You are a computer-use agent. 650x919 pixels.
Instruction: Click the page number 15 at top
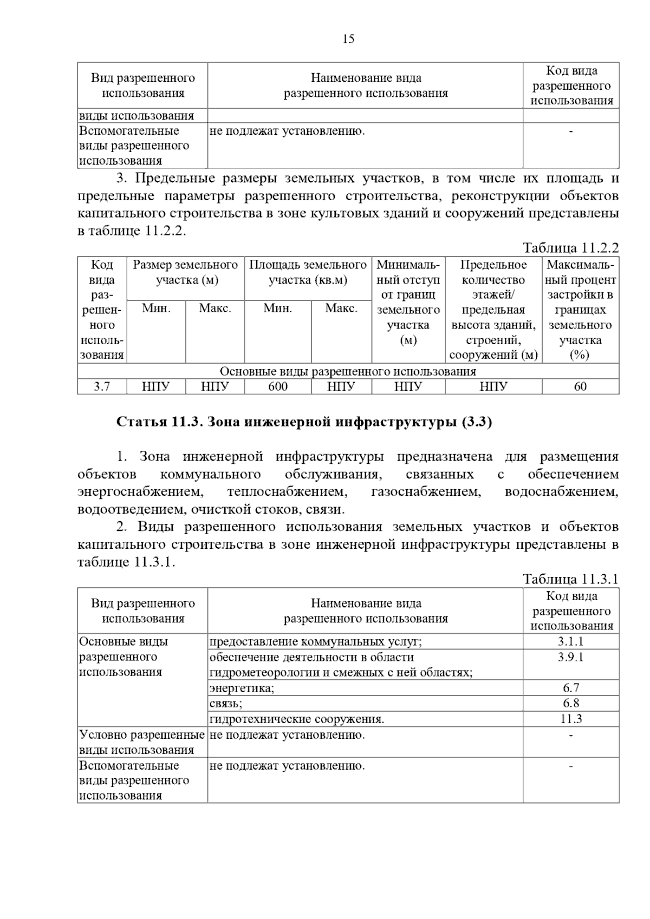pyautogui.click(x=348, y=39)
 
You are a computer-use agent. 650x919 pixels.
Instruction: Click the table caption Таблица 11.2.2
pyautogui.click(x=570, y=248)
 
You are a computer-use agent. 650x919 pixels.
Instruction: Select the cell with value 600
pyautogui.click(x=278, y=386)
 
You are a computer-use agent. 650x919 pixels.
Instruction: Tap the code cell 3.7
pyautogui.click(x=102, y=386)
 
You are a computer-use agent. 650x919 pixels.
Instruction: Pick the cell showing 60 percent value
pyautogui.click(x=580, y=386)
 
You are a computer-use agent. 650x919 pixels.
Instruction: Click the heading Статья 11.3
pyautogui.click(x=304, y=422)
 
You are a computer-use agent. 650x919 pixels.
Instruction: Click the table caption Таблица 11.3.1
pyautogui.click(x=570, y=579)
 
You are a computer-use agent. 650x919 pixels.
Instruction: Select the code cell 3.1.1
pyautogui.click(x=571, y=642)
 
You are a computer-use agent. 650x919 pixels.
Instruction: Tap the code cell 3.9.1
pyautogui.click(x=571, y=657)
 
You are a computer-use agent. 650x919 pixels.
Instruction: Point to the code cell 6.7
pyautogui.click(x=571, y=688)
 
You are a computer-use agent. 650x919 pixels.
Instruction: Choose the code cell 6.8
pyautogui.click(x=571, y=703)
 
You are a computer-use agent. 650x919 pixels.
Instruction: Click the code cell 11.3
pyautogui.click(x=571, y=719)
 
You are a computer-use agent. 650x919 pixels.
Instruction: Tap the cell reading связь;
pyautogui.click(x=226, y=703)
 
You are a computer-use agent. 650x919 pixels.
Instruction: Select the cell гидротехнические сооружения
pyautogui.click(x=297, y=719)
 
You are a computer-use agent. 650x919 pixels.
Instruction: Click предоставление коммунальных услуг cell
pyautogui.click(x=315, y=642)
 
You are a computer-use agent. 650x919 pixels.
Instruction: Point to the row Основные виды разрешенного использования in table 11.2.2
pyautogui.click(x=348, y=371)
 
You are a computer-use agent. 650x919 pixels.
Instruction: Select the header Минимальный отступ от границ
pyautogui.click(x=408, y=302)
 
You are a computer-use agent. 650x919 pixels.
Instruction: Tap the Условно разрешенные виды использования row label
pyautogui.click(x=142, y=742)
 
